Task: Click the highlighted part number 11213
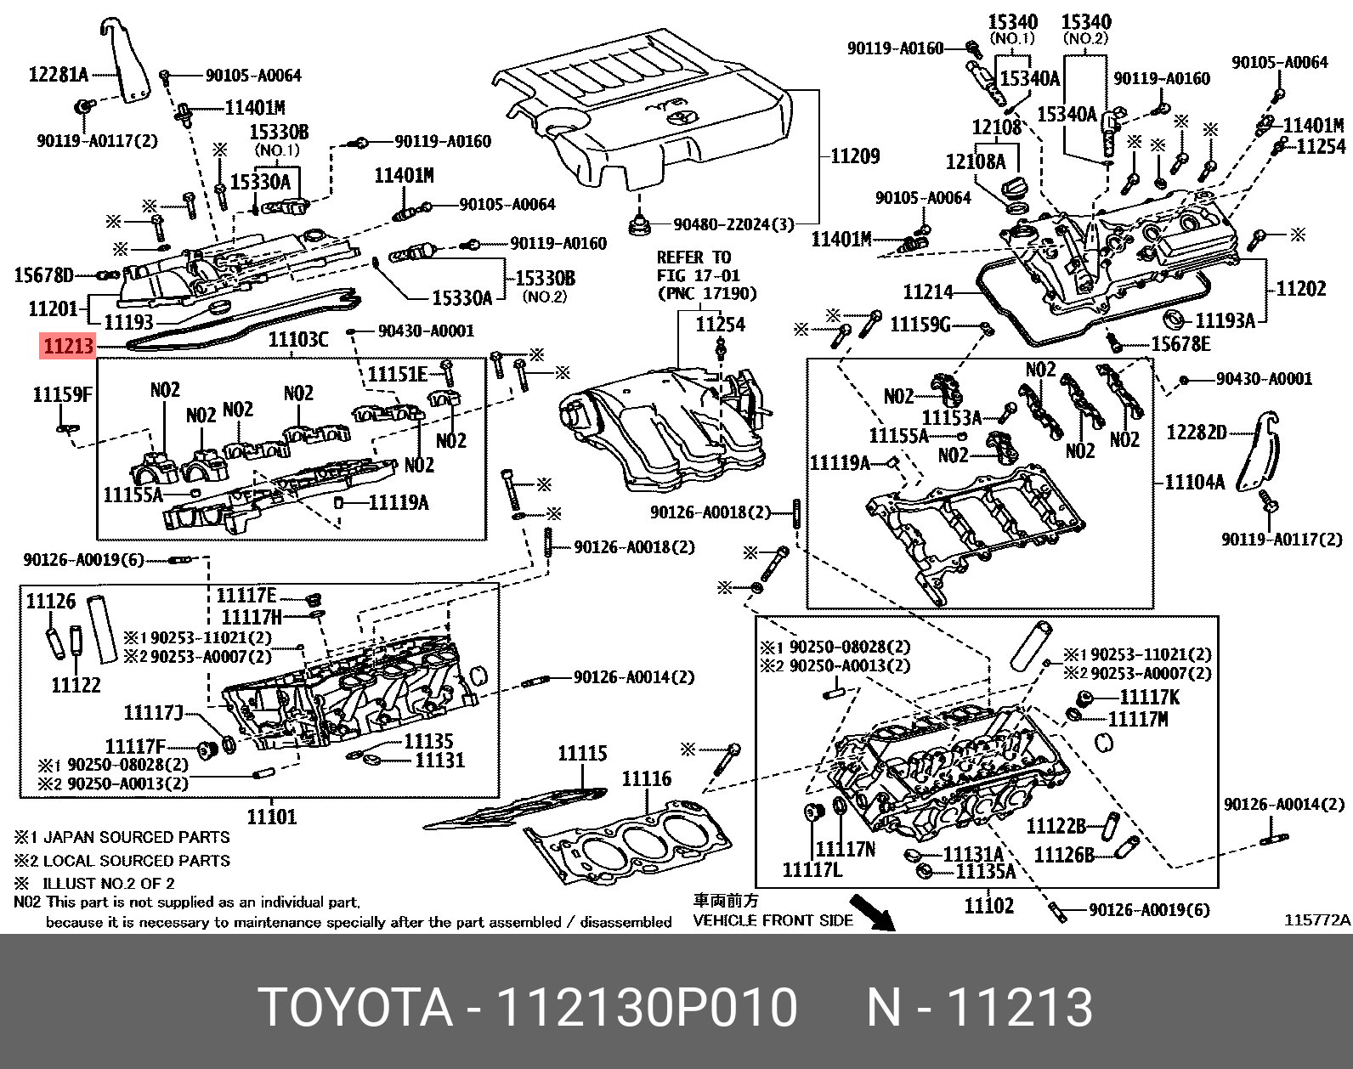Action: [x=67, y=347]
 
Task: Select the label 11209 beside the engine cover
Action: [x=854, y=156]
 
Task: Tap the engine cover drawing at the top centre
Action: [x=646, y=110]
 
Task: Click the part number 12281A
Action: [x=58, y=75]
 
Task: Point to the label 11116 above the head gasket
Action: [x=646, y=778]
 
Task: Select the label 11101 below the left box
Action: [x=272, y=817]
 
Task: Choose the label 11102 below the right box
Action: [x=988, y=906]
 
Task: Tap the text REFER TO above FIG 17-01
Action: [x=693, y=257]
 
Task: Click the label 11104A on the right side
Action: [x=1194, y=483]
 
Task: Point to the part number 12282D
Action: [x=1196, y=433]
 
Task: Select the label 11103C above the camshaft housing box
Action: [x=297, y=341]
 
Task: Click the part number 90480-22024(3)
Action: [x=733, y=225]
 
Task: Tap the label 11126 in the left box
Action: [x=50, y=602]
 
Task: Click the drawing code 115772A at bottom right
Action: [x=1316, y=919]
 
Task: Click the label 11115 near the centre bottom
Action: [x=582, y=753]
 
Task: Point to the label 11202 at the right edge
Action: [x=1300, y=289]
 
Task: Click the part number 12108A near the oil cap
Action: [x=975, y=161]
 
